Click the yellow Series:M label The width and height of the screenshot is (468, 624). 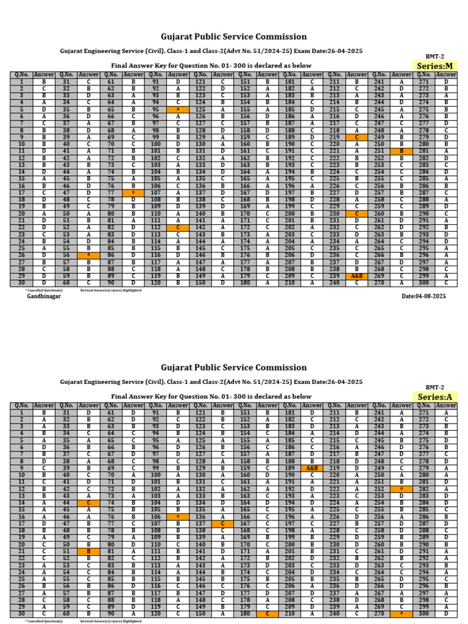435,66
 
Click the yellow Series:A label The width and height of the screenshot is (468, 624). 435,397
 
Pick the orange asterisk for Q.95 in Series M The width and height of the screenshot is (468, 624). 178,110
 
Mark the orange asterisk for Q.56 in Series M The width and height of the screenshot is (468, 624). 89,256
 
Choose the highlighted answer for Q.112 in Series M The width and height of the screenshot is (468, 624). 178,227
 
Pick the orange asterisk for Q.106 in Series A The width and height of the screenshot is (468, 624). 178,517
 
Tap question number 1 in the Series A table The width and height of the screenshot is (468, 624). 22,412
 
